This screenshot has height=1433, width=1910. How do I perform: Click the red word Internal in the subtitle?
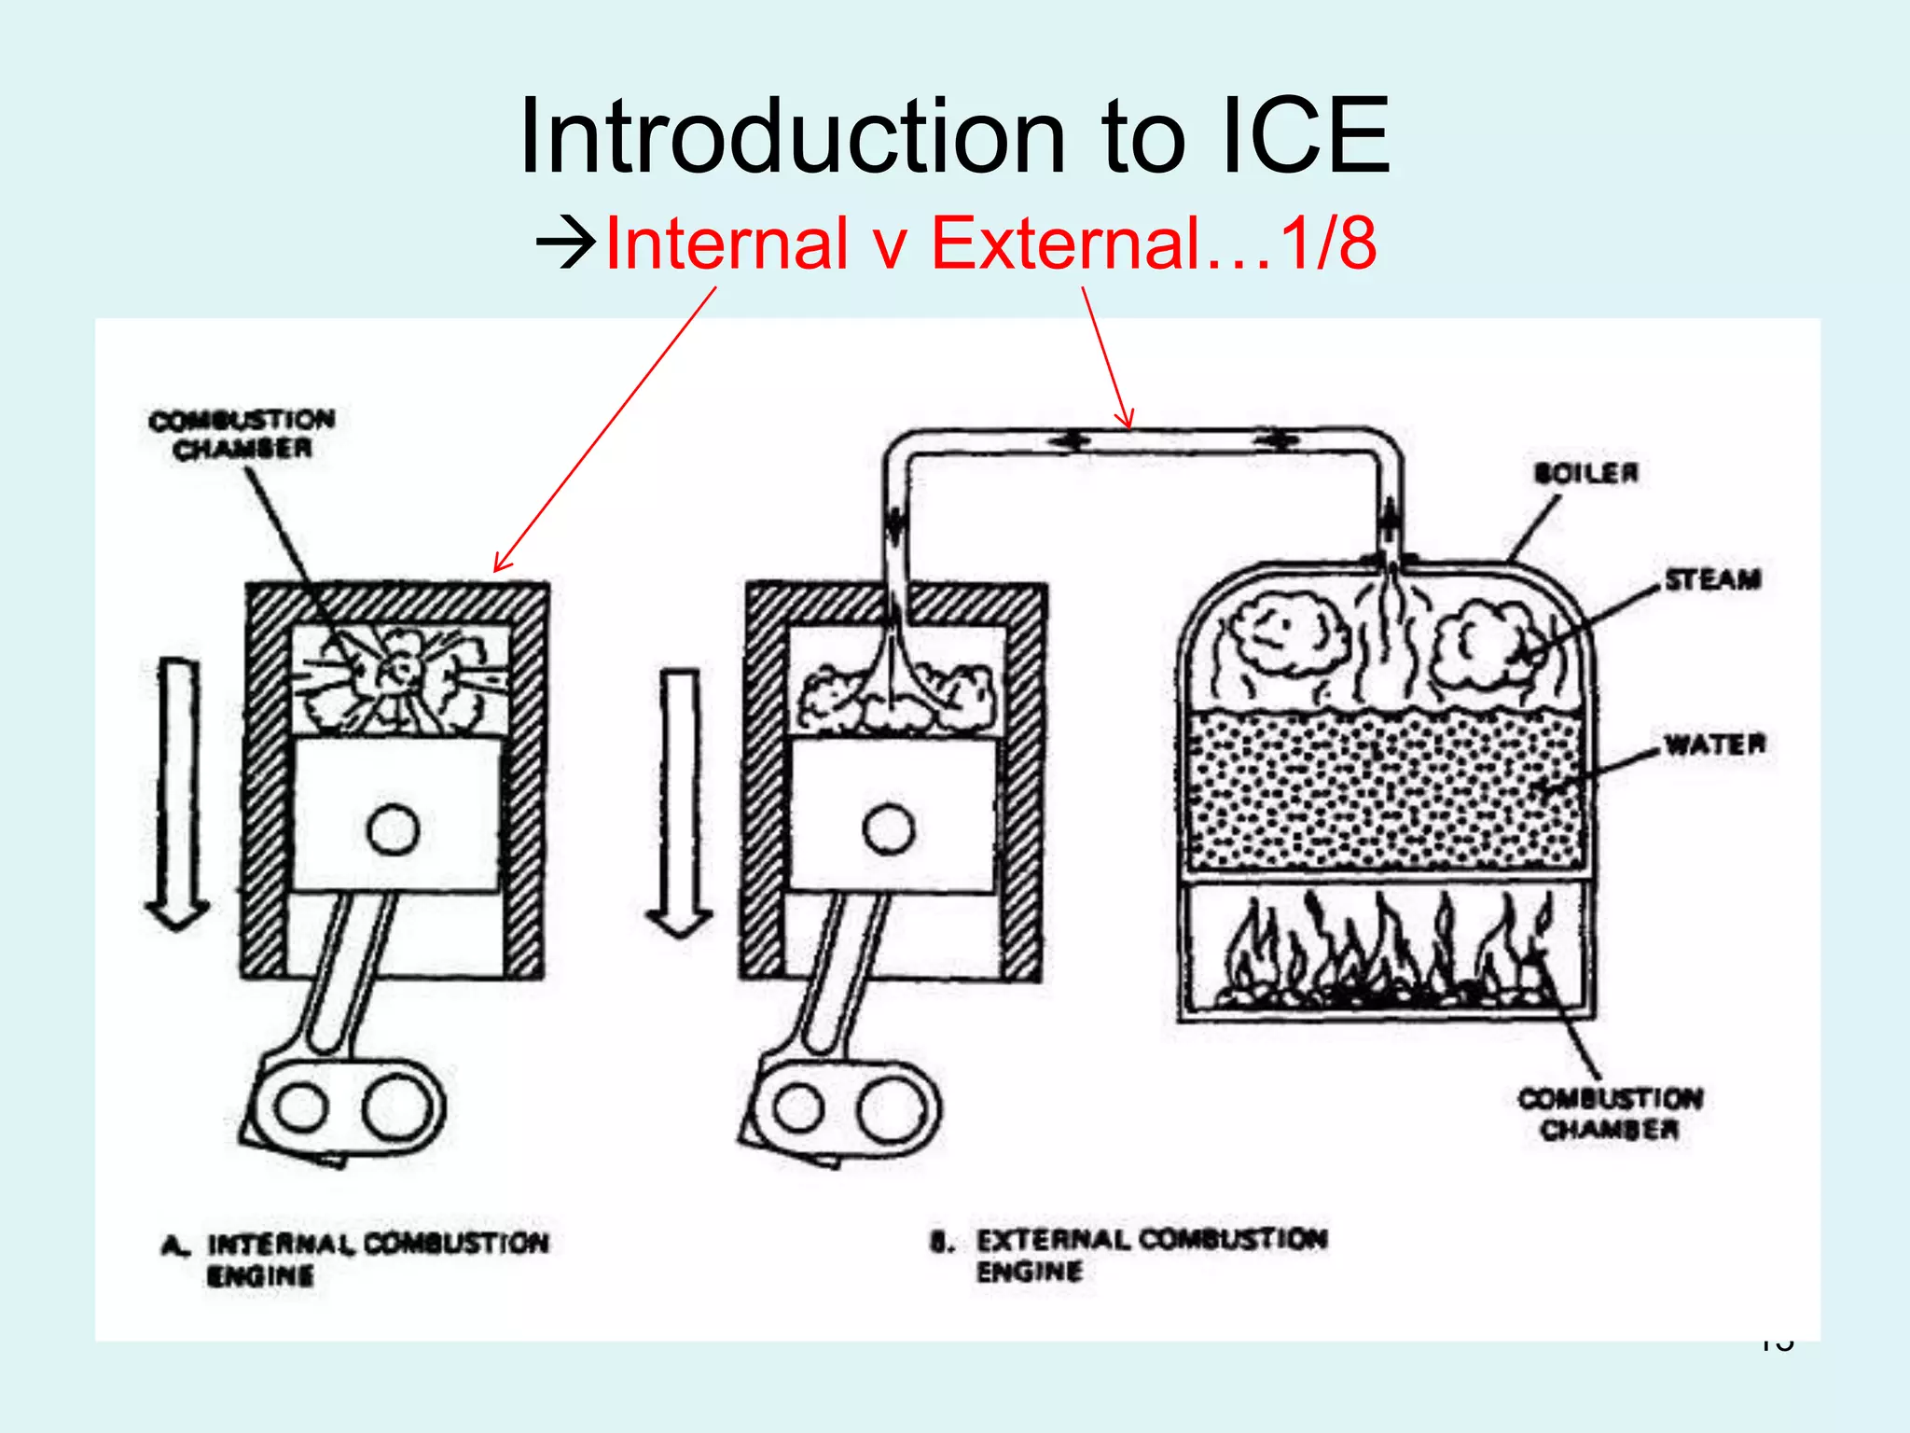point(727,244)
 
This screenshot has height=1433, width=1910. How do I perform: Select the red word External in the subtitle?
point(1066,244)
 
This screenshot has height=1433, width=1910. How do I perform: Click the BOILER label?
point(1585,473)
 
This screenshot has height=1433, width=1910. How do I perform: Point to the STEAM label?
point(1713,579)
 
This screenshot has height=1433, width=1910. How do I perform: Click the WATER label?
point(1715,744)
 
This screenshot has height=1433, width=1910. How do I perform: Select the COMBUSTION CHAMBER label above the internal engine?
point(242,434)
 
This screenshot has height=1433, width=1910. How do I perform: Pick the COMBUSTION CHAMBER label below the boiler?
point(1610,1114)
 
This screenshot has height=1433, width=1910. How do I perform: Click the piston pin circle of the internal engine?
point(394,829)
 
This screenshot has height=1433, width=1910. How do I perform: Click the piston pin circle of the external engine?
point(889,829)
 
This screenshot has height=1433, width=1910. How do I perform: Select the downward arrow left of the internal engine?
point(177,793)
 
